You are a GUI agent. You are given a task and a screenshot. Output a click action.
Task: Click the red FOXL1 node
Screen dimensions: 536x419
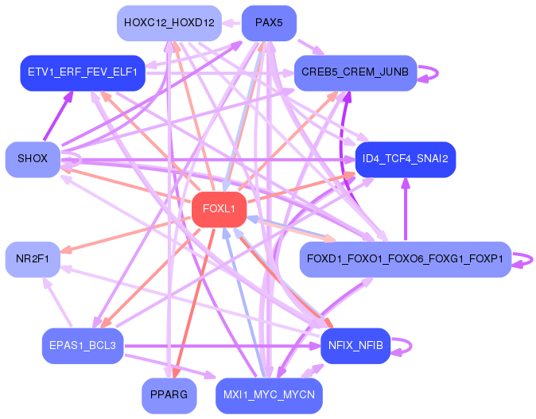click(219, 209)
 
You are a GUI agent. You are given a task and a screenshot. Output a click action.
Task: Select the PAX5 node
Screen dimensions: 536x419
click(269, 23)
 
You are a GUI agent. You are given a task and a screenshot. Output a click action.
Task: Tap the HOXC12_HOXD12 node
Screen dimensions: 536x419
click(169, 23)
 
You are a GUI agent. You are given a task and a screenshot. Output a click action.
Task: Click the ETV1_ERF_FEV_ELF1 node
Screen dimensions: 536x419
click(83, 73)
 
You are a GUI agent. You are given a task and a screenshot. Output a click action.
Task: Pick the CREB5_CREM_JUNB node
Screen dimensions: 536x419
click(355, 73)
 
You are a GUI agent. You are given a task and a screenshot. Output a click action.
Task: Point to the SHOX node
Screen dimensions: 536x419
click(33, 159)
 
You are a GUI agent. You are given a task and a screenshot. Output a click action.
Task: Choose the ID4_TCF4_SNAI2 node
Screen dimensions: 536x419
click(406, 159)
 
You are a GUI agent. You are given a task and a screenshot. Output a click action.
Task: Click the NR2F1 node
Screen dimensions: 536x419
click(33, 259)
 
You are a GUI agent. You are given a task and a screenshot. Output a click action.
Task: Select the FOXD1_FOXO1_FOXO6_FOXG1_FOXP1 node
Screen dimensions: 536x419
click(406, 259)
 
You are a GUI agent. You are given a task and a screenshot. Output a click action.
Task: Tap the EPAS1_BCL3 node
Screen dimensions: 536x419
click(83, 346)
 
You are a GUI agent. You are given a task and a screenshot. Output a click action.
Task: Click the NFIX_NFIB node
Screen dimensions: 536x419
click(355, 346)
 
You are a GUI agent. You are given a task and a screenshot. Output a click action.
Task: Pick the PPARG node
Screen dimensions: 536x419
click(169, 395)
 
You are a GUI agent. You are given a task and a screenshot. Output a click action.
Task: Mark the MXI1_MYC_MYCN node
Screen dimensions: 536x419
click(269, 395)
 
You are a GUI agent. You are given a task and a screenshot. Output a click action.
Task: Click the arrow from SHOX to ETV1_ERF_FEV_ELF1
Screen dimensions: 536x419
click(58, 115)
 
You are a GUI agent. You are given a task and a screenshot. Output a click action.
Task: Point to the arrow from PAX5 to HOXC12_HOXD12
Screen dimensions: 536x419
click(231, 23)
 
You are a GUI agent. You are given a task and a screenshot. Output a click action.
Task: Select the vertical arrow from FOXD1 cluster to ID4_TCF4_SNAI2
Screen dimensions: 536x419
click(406, 209)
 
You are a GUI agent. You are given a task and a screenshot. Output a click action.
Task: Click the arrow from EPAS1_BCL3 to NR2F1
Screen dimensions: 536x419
click(57, 302)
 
